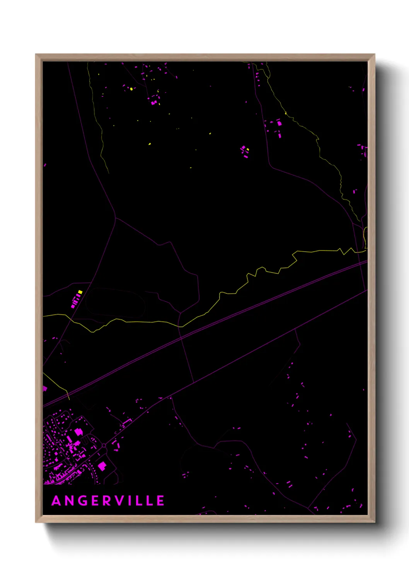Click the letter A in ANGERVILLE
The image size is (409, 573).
click(x=56, y=501)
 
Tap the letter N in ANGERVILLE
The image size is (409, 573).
click(x=70, y=501)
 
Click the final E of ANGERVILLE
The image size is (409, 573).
click(x=160, y=501)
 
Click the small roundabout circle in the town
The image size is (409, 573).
click(x=104, y=446)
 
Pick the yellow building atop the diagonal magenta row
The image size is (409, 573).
click(x=80, y=292)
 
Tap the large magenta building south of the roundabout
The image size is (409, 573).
click(x=102, y=466)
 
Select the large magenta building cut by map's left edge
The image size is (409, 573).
click(x=44, y=388)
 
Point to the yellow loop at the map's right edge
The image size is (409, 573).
click(x=365, y=237)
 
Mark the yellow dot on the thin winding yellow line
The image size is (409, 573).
click(x=286, y=113)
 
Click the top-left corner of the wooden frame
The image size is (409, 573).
click(x=36, y=55)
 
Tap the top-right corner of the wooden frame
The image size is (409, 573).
click(x=374, y=55)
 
